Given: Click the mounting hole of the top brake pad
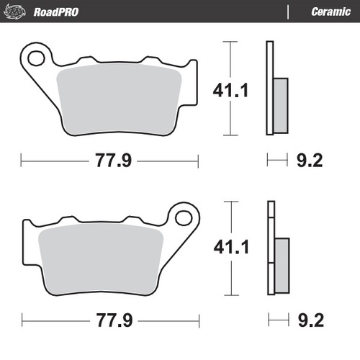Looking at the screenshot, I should (x=35, y=56).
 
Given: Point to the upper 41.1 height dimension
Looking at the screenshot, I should (x=229, y=91).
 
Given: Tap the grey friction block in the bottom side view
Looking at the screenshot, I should (x=281, y=263).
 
